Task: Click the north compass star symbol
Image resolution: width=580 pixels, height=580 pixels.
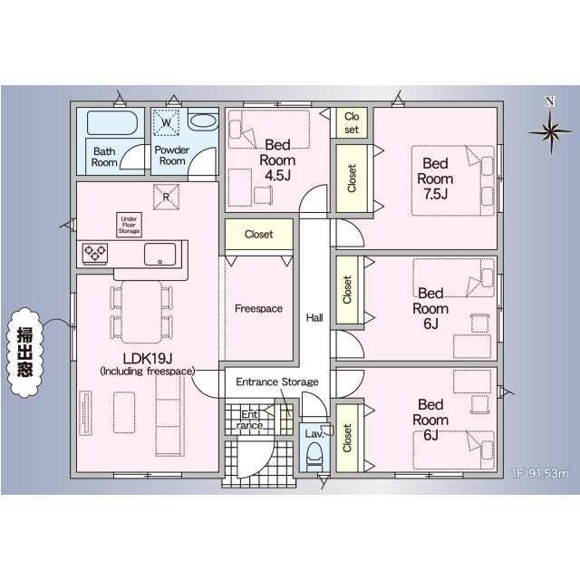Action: click(x=547, y=130)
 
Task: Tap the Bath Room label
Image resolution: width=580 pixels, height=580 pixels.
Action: click(x=104, y=156)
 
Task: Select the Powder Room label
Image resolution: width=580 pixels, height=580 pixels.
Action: click(x=170, y=155)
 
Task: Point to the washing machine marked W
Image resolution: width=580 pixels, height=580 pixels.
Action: click(x=165, y=121)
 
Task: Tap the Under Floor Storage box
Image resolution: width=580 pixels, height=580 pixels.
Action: click(x=130, y=224)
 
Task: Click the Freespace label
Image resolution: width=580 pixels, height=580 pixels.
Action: click(x=258, y=309)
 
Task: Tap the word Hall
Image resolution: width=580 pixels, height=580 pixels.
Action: click(x=314, y=318)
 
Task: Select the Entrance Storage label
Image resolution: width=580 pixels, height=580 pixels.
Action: click(x=276, y=382)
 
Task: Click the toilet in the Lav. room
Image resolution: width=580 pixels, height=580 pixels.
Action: click(x=314, y=459)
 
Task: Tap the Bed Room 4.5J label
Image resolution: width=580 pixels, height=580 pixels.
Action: click(x=276, y=159)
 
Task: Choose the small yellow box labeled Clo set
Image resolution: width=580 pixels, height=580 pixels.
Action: click(x=351, y=122)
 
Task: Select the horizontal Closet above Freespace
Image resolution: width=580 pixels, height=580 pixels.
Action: click(x=258, y=235)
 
